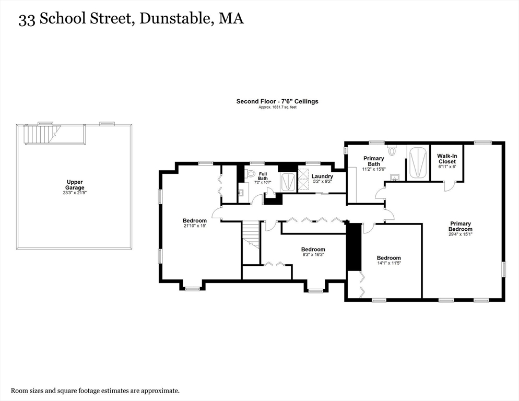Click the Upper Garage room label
75,185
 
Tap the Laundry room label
322,176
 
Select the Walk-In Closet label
446,158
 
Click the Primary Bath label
373,161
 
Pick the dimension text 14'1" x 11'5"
389,264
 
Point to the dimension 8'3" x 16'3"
313,255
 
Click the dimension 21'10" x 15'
194,226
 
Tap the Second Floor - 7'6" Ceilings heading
277,101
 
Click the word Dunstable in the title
178,20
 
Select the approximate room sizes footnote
96,390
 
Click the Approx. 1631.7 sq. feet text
277,107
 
